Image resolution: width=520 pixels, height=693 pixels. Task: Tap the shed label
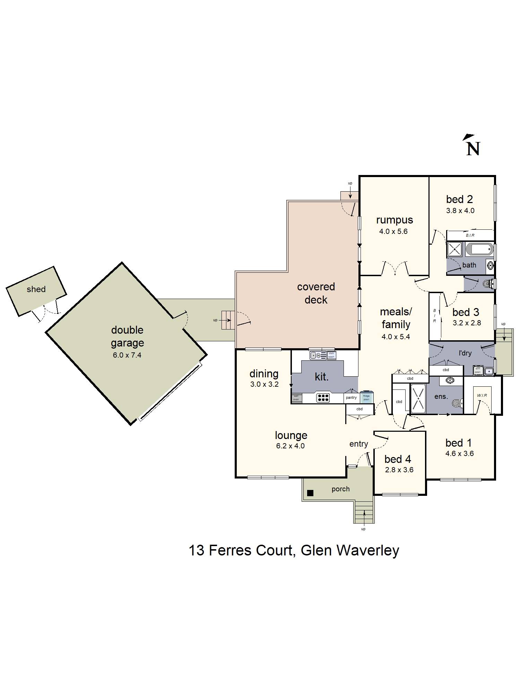[x=36, y=289]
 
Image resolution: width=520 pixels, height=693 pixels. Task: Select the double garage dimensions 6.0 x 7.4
[x=127, y=355]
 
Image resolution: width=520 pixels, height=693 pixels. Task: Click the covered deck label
[x=316, y=293]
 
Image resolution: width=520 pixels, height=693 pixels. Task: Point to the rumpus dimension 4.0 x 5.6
[x=393, y=231]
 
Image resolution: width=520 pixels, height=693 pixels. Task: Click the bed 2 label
[x=459, y=199]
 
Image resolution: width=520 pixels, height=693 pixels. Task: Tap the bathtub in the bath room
[x=479, y=249]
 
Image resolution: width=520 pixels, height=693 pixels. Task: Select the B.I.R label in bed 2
[x=470, y=235]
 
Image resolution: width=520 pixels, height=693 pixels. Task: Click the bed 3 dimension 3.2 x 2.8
[x=467, y=323]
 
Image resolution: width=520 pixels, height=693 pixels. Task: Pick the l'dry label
[x=465, y=353]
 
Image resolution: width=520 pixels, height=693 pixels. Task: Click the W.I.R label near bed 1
[x=482, y=395]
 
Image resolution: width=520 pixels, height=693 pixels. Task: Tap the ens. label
[x=441, y=396]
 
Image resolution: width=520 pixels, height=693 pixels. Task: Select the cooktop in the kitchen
[x=323, y=398]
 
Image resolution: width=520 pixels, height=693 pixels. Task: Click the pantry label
[x=351, y=397]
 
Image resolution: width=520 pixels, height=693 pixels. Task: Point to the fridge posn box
[x=366, y=397]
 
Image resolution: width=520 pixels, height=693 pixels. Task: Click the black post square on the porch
[x=310, y=493]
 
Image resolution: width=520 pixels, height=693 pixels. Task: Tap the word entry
[x=358, y=444]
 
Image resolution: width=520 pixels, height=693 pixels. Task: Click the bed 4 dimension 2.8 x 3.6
[x=399, y=470]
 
